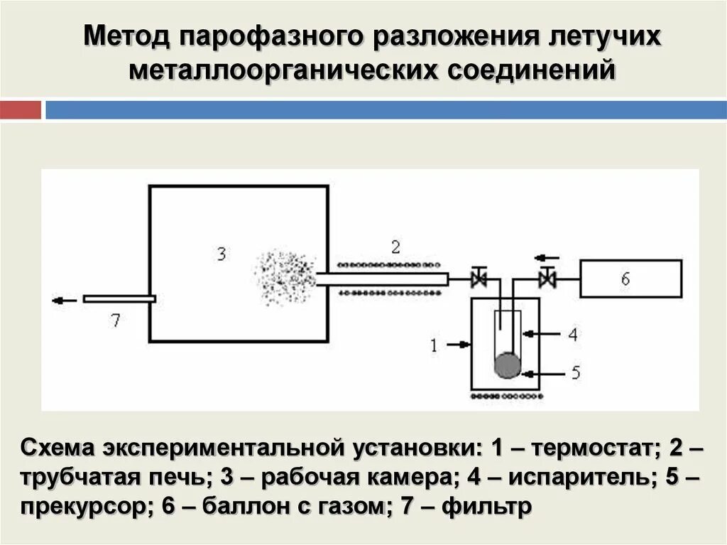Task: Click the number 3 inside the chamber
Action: (x=222, y=254)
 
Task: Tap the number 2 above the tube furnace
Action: (x=395, y=247)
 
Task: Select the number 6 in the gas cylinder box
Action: (x=625, y=279)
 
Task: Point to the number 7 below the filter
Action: (x=115, y=320)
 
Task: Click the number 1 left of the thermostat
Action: (x=433, y=346)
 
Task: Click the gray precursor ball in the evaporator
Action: (x=507, y=365)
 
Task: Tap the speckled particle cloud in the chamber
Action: (x=283, y=278)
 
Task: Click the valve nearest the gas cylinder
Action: (x=547, y=279)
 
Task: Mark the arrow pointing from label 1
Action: (x=459, y=346)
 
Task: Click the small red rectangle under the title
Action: (x=21, y=110)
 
